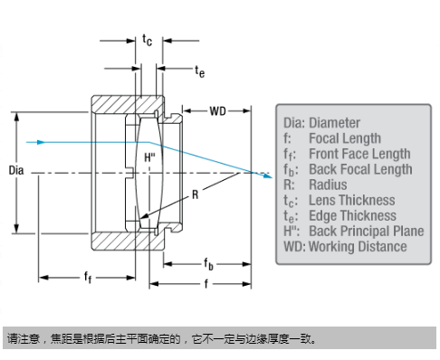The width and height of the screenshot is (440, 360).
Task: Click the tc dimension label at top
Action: pyautogui.click(x=148, y=40)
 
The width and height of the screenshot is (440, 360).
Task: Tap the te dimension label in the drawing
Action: pyautogui.click(x=199, y=71)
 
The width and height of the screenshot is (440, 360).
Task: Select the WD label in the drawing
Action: pyautogui.click(x=217, y=111)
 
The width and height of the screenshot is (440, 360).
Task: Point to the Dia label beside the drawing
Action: pyautogui.click(x=16, y=170)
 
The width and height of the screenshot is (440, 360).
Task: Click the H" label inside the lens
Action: pyautogui.click(x=149, y=157)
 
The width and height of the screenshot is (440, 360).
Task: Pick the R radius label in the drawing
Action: pyautogui.click(x=196, y=194)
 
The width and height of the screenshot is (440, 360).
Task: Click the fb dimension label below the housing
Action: pyautogui.click(x=208, y=264)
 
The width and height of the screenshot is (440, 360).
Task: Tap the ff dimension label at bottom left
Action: pyautogui.click(x=88, y=277)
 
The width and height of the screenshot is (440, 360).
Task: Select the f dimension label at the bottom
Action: pyautogui.click(x=206, y=283)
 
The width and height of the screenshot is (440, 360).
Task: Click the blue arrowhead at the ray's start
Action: pyautogui.click(x=41, y=142)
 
